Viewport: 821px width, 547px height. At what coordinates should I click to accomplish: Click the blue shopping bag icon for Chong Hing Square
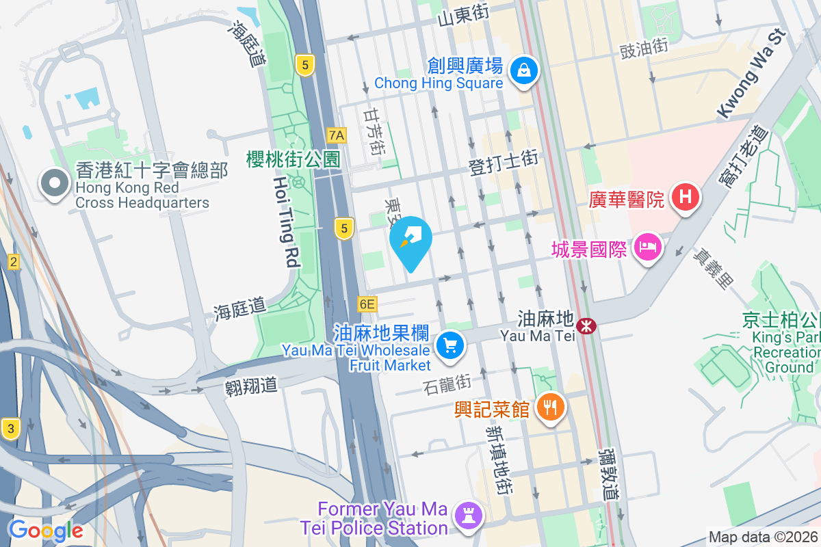click(523, 70)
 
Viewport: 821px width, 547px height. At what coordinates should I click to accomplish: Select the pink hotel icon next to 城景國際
click(647, 247)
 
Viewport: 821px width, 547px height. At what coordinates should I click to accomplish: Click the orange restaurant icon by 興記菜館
click(549, 408)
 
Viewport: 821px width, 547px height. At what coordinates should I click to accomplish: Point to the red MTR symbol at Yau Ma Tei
click(586, 326)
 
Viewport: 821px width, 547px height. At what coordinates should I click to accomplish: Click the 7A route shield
click(336, 135)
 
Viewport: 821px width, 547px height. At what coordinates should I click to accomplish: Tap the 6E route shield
click(367, 304)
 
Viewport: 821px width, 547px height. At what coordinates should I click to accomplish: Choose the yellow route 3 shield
click(10, 429)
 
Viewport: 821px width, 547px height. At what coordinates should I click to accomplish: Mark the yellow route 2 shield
click(13, 261)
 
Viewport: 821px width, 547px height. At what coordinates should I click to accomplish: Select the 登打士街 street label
click(504, 164)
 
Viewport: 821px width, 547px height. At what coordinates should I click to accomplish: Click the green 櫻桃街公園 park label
click(293, 160)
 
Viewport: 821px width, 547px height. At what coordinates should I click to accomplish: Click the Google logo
click(46, 530)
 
